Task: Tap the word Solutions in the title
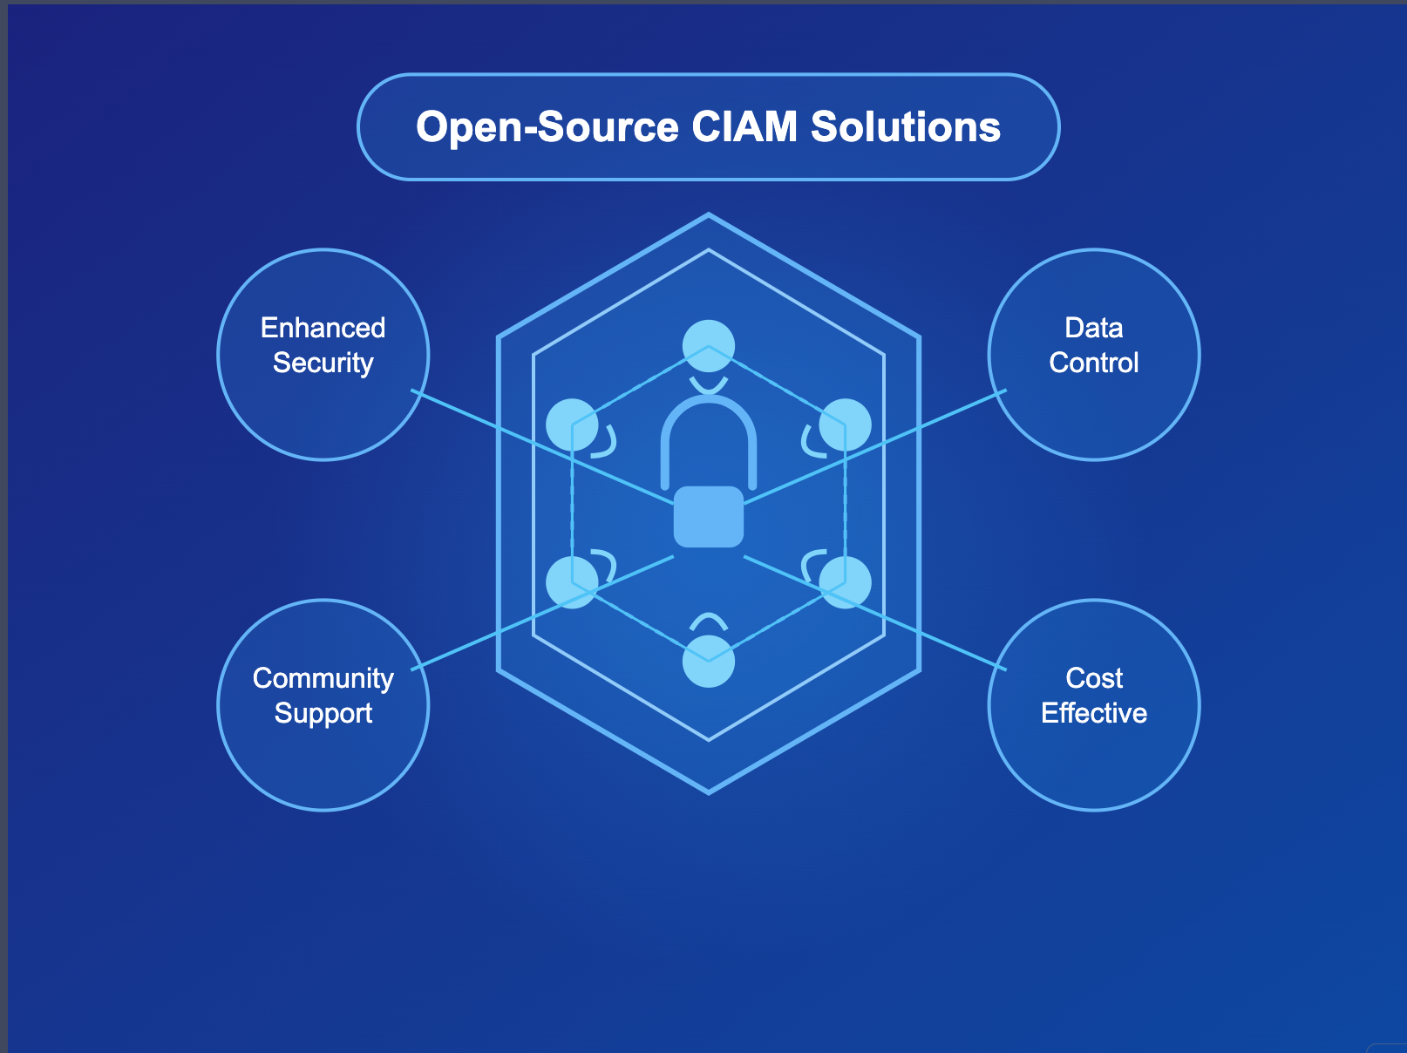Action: click(905, 126)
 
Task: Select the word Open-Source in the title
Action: click(547, 127)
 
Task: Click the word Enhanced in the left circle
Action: click(323, 328)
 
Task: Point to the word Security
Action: click(323, 363)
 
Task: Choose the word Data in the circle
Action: click(1093, 328)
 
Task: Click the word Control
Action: click(1093, 363)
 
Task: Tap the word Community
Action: click(323, 679)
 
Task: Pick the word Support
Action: click(323, 714)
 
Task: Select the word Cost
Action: click(1093, 678)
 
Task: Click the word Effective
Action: click(1093, 713)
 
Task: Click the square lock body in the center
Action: click(709, 517)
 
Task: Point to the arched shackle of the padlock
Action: click(709, 399)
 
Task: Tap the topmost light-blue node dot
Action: click(709, 346)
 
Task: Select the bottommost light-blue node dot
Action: click(709, 661)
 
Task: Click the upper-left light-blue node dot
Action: click(572, 425)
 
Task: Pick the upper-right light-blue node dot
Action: click(845, 425)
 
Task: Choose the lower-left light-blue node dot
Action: click(572, 582)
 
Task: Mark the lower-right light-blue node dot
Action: click(845, 582)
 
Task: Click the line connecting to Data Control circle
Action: click(875, 446)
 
